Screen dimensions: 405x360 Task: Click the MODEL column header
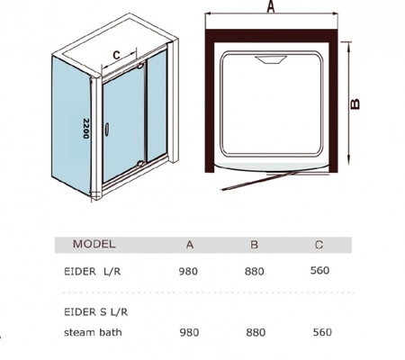coord(94,244)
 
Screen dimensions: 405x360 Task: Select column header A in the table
coord(190,245)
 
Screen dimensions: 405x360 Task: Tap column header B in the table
coord(254,245)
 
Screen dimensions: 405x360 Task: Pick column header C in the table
coord(319,245)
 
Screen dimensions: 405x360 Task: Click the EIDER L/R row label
coord(93,272)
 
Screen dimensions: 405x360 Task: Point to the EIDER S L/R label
coord(96,312)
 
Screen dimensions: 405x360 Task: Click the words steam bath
coord(93,332)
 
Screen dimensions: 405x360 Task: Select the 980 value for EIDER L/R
coord(188,272)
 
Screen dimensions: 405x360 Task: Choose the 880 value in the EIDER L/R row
coord(255,272)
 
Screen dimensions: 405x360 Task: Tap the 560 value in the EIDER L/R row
coord(320,271)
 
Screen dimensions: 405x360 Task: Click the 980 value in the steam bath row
coord(189,333)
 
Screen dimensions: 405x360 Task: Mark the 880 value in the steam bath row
coord(256,333)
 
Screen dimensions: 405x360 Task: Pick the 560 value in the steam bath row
coord(322,332)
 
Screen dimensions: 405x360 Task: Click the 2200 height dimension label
coord(86,129)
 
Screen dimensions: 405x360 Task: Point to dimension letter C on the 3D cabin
coord(116,55)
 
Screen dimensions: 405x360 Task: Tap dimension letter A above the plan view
coord(271,6)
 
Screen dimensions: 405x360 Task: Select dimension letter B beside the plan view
coord(355,104)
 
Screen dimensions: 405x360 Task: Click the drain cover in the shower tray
coord(271,59)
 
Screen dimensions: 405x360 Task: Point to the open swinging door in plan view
coord(260,181)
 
